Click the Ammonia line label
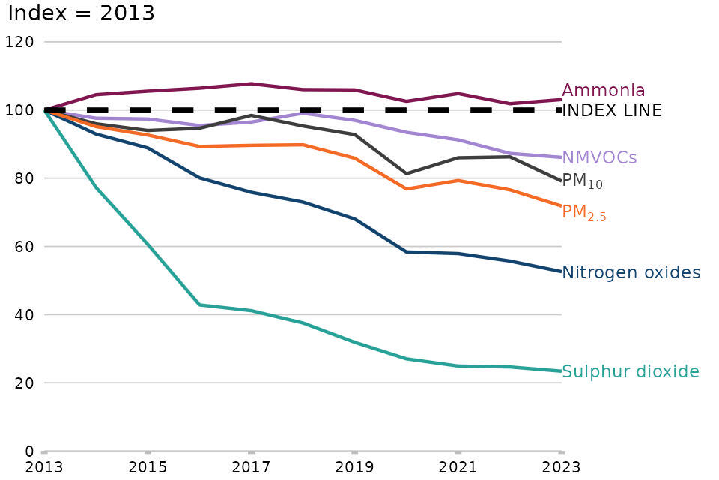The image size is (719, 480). point(603,91)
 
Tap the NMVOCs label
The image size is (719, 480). point(599,157)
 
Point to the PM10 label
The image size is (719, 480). point(582,181)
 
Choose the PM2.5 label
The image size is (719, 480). point(583,213)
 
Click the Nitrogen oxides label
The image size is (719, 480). point(631,272)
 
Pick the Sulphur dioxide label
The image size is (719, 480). point(630,371)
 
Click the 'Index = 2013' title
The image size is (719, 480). point(81,13)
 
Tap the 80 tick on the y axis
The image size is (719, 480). point(22,178)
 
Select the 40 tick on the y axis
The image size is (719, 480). point(22,315)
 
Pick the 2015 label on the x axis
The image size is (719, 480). point(148,467)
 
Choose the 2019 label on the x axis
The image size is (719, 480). point(354,467)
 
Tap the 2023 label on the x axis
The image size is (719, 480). point(561,467)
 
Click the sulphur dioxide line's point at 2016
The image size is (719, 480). point(199,304)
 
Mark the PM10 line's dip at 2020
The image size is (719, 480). point(406,174)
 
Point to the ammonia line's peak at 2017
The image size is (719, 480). point(252,83)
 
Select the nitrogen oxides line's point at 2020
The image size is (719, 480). point(406,252)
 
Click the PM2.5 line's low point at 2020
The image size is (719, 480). point(406,189)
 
